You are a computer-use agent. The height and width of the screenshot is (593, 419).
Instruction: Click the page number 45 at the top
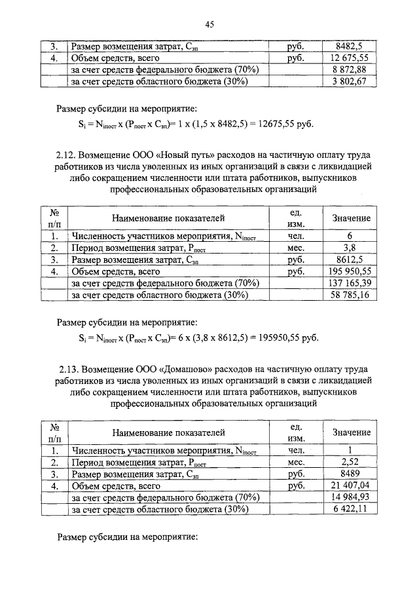tap(209, 25)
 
